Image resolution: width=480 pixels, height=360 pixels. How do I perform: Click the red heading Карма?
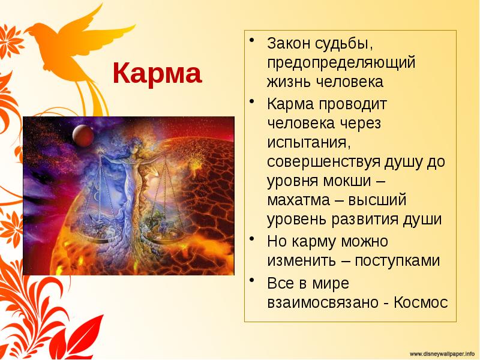pyautogui.click(x=157, y=74)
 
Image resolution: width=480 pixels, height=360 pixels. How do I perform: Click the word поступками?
pyautogui.click(x=397, y=261)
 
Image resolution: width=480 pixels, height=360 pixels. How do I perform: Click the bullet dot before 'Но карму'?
pyautogui.click(x=254, y=239)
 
